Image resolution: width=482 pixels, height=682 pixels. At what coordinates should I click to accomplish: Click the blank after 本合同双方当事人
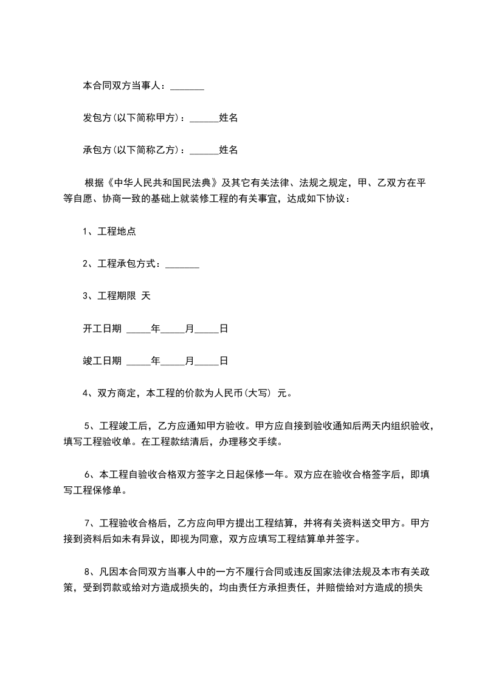pyautogui.click(x=187, y=87)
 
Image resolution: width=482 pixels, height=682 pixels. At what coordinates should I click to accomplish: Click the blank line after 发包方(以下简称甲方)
pyautogui.click(x=204, y=118)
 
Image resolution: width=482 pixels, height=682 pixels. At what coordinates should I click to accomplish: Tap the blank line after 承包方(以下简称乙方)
pyautogui.click(x=204, y=150)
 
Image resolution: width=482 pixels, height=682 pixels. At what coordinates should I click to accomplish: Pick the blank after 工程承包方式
pyautogui.click(x=182, y=264)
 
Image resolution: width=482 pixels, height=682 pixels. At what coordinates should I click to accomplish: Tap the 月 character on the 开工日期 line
pyautogui.click(x=190, y=329)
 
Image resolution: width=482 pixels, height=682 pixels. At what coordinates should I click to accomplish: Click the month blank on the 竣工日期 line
pyautogui.click(x=173, y=361)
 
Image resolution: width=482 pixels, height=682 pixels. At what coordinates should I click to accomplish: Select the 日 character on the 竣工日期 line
pyautogui.click(x=224, y=361)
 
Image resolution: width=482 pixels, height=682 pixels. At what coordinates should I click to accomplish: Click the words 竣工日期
pyautogui.click(x=102, y=361)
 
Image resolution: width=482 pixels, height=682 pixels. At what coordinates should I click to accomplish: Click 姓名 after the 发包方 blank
pyautogui.click(x=228, y=118)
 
